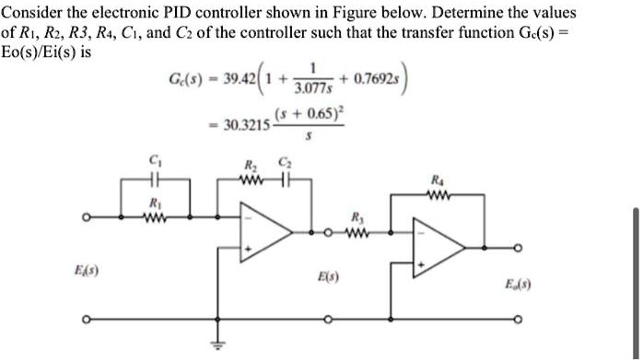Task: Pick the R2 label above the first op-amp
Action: point(249,166)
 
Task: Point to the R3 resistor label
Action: point(357,217)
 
